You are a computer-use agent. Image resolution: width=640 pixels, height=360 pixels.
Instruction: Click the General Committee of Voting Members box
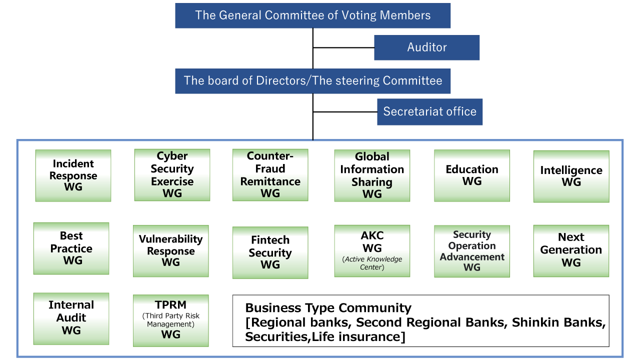pos(312,15)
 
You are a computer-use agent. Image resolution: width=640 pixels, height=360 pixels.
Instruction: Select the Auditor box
pos(426,47)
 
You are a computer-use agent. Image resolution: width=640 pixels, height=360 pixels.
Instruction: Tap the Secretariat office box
pos(429,111)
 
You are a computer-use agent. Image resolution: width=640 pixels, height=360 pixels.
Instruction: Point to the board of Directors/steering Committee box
pos(312,80)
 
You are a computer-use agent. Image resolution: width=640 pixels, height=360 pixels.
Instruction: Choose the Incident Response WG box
pos(73,175)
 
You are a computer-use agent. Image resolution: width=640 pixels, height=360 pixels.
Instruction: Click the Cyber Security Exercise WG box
pos(172,175)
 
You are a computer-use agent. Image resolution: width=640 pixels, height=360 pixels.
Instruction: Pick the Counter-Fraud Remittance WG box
pos(270,175)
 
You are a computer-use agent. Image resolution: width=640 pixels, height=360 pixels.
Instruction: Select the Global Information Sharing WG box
pos(372,175)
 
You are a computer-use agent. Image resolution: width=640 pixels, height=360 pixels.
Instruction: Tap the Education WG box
pos(472,175)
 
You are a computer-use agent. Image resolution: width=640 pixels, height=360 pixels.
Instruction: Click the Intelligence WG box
pos(571,176)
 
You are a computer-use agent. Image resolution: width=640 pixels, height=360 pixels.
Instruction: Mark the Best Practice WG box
pos(71,248)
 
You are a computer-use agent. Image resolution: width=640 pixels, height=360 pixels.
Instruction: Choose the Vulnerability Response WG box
pos(170,251)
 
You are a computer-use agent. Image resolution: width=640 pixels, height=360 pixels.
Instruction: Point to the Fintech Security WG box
pos(270,252)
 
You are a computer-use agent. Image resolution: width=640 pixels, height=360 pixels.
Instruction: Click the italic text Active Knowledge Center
pos(372,263)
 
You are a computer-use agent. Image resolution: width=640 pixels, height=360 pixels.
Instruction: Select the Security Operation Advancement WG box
pos(472,251)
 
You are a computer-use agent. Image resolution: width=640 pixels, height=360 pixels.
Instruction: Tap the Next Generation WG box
pos(571,250)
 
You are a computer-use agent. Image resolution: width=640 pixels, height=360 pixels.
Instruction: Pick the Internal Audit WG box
pos(71,318)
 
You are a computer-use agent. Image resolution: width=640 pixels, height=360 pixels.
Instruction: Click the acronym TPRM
pos(170,304)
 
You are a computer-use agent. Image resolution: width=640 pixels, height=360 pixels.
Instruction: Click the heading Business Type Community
pos(328,308)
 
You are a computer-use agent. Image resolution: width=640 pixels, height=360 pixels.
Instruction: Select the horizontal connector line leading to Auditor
pos(343,47)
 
